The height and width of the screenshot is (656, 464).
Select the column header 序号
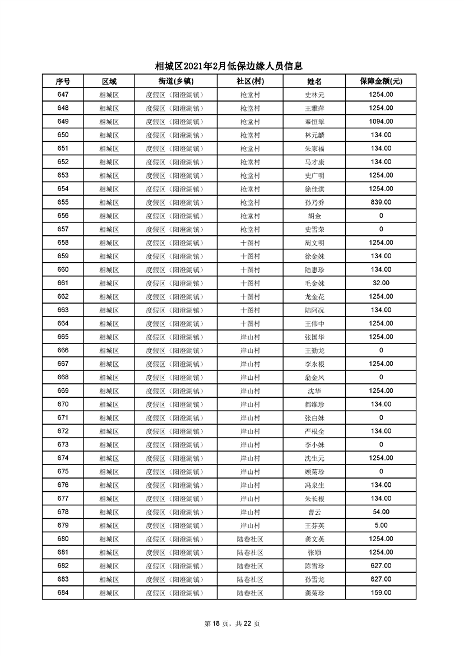(x=63, y=81)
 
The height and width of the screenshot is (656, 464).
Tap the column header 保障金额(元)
(x=381, y=81)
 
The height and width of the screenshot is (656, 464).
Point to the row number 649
(x=63, y=122)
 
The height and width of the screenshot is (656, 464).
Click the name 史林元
(x=314, y=95)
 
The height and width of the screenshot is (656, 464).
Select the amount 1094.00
(x=381, y=122)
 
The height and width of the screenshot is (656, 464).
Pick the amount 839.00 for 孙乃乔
(x=381, y=202)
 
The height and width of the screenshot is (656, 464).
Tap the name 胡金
(x=314, y=216)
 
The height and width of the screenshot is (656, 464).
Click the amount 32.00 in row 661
(x=381, y=283)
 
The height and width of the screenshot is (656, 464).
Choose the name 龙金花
(x=314, y=296)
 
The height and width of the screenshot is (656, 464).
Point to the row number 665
(x=63, y=337)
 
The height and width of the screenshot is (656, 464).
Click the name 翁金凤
(x=314, y=377)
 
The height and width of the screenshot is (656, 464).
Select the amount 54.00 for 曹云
(x=381, y=512)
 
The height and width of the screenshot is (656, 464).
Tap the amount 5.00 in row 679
(x=381, y=525)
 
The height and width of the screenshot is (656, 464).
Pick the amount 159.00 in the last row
(x=381, y=593)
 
